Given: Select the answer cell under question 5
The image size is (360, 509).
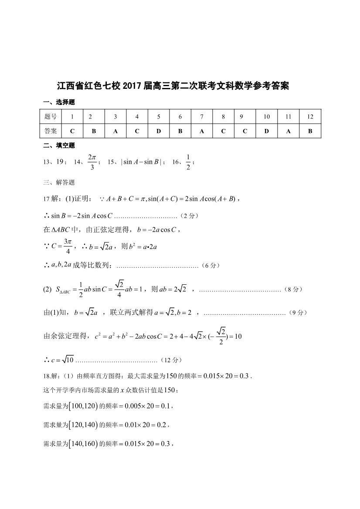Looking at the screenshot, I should [x=159, y=131].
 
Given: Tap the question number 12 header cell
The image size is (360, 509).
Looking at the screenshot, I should [x=310, y=117].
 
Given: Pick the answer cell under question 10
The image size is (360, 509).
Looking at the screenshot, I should [x=266, y=131].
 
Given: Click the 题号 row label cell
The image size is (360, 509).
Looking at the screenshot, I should [x=51, y=117].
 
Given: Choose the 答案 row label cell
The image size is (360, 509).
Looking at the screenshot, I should [x=51, y=131].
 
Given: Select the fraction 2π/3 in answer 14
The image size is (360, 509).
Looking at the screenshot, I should [x=92, y=162].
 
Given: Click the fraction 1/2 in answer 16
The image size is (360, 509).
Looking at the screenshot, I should [x=188, y=162].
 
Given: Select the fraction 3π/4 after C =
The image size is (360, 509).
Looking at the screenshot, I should [x=68, y=246].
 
